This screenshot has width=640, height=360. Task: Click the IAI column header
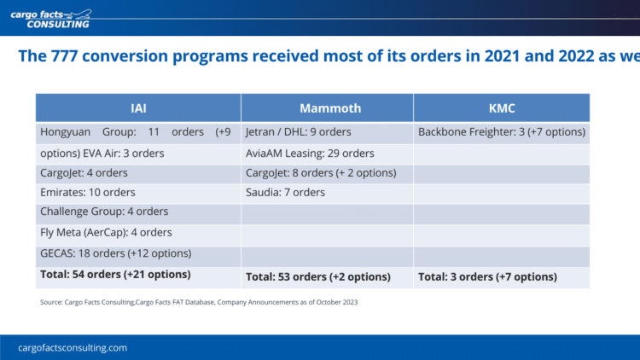(138, 108)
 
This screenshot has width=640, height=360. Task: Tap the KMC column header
(502, 108)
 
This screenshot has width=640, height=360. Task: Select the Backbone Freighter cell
(502, 132)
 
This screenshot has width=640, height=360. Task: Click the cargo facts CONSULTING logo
(51, 19)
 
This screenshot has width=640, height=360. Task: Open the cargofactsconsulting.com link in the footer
(73, 348)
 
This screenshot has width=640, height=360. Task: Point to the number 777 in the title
(64, 56)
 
